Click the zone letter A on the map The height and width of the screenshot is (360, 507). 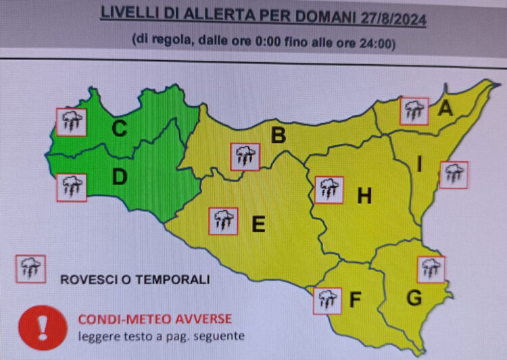(445, 107)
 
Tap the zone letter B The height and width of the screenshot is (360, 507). (278, 136)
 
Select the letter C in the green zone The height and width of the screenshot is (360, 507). (120, 128)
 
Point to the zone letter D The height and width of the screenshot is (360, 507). (120, 177)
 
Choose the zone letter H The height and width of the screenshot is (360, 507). (364, 197)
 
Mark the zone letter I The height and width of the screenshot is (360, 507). (420, 164)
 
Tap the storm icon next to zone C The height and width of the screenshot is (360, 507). (71, 122)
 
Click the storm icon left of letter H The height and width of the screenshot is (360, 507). (329, 190)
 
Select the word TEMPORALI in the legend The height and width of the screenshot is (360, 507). (176, 279)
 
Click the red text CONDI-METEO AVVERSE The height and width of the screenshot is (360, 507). (155, 319)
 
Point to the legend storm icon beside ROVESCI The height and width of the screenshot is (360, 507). (30, 269)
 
